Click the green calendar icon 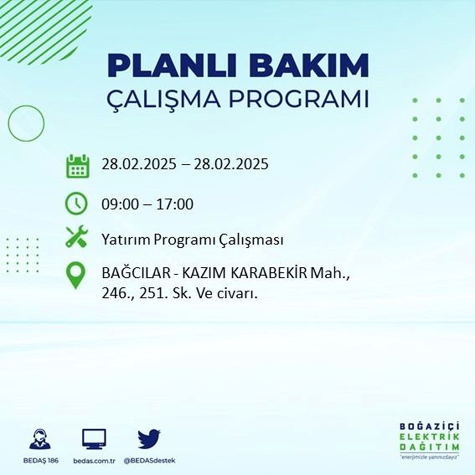76,165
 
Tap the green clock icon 76,204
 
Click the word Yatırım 125,240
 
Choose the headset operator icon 40,439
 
